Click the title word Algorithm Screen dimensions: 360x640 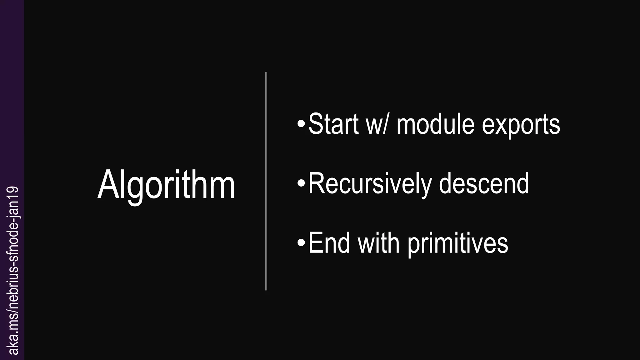pos(166,185)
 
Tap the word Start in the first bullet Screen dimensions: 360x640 pos(333,124)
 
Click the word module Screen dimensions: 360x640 pos(435,124)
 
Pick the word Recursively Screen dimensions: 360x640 pos(370,184)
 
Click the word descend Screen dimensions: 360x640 pos(484,184)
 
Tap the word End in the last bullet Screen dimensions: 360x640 pos(329,243)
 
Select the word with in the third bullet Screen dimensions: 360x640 pos(378,243)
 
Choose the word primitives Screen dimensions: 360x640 pos(458,244)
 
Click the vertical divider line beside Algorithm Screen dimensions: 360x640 pos(266,181)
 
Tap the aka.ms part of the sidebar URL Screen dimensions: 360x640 pos(14,337)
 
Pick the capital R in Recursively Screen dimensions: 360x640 pos(316,184)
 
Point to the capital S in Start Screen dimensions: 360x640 pos(316,124)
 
